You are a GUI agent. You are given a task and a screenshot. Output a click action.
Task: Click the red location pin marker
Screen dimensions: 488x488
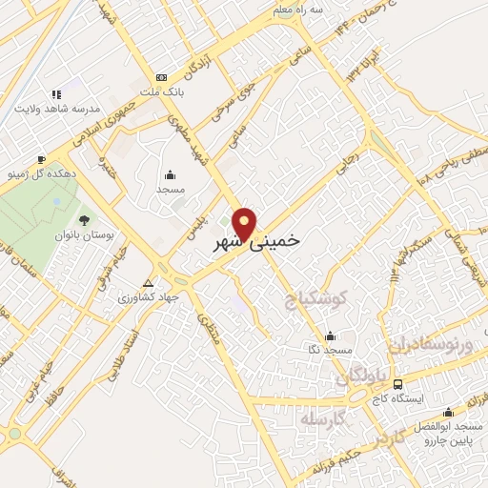pyautogui.click(x=246, y=223)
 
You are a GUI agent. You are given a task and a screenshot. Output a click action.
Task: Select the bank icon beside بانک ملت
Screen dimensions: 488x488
pyautogui.click(x=160, y=78)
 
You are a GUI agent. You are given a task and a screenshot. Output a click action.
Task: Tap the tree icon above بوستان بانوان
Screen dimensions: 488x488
pyautogui.click(x=83, y=221)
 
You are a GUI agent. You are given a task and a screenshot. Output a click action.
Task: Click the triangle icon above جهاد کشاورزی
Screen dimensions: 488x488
pyautogui.click(x=147, y=283)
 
